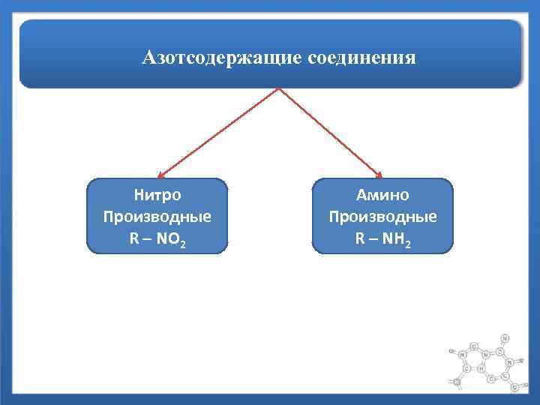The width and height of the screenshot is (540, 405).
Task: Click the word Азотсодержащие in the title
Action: pos(222,57)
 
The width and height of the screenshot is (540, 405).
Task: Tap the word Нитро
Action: pos(157,196)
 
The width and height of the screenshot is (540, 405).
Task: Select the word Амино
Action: pos(382,196)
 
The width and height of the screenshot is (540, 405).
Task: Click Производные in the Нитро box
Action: pos(157,217)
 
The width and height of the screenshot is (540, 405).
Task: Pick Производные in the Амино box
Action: pos(382,217)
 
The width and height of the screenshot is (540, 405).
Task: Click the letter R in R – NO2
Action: pos(133,240)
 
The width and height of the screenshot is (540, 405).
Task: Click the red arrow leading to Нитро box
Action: pos(217,133)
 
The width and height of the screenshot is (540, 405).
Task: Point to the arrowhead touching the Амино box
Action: pos(379,175)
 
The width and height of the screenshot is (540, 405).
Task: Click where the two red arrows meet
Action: pos(279,88)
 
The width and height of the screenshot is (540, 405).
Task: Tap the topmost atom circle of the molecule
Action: pos(505,338)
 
